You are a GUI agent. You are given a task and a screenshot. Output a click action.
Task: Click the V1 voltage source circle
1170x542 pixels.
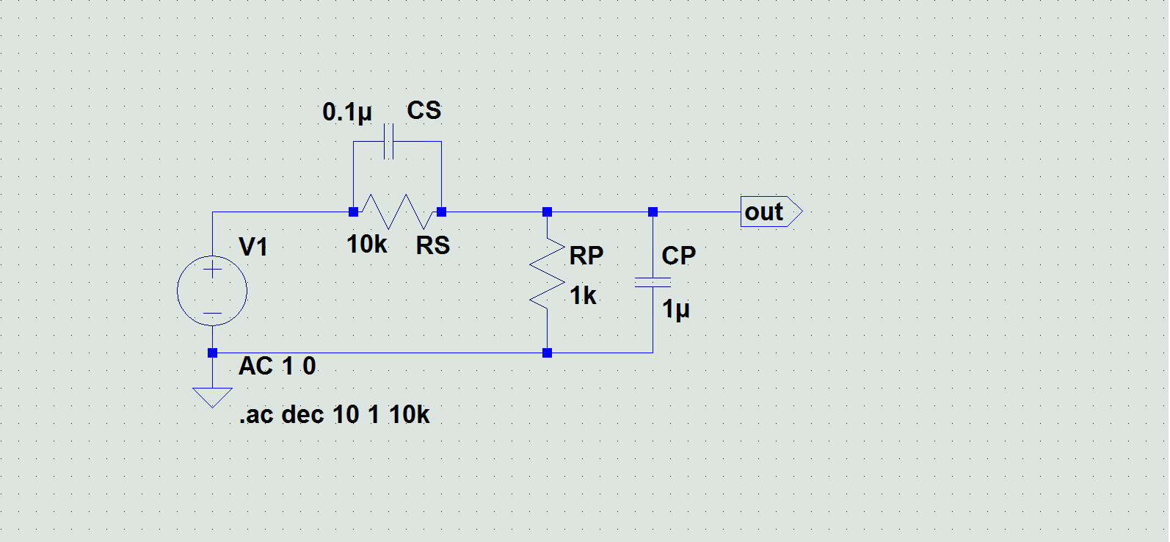[x=212, y=291]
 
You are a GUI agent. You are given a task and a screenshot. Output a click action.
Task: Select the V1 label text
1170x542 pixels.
[x=253, y=247]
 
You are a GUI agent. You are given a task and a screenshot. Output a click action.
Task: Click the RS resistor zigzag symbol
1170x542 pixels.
[x=397, y=212]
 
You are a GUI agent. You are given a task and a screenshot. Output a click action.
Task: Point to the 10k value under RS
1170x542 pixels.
[x=366, y=245]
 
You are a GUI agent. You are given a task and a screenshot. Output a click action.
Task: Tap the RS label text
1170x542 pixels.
[x=432, y=245]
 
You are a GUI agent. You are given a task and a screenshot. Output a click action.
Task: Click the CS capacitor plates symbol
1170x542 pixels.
[x=389, y=142]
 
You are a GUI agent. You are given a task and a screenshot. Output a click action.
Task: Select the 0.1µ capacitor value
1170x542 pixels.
[x=346, y=112]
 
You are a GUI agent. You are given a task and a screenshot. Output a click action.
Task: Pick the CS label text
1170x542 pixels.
[x=424, y=111]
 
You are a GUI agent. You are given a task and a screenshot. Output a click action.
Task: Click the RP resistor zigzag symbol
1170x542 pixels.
[x=548, y=272]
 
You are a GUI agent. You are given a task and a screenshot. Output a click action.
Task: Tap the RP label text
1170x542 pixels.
[x=586, y=256]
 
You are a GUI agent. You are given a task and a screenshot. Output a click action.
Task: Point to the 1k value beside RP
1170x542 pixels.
[x=583, y=296]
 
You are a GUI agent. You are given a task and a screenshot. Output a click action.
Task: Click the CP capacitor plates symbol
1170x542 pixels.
[x=653, y=282]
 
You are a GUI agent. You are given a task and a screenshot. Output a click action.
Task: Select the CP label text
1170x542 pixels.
[x=678, y=256]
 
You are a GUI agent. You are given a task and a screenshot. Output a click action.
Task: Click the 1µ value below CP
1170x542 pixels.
[x=675, y=309]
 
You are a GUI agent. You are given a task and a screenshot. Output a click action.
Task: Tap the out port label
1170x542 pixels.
[x=765, y=212]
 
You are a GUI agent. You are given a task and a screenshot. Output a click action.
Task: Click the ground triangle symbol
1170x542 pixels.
[x=212, y=397]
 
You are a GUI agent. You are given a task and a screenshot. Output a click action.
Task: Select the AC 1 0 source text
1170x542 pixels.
[x=277, y=366]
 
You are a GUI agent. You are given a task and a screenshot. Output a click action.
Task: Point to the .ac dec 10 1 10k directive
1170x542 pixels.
[x=334, y=415]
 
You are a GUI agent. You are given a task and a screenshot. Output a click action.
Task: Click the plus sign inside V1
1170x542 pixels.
[x=212, y=270]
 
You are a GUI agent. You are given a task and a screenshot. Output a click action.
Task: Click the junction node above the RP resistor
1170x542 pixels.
[x=547, y=212]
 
